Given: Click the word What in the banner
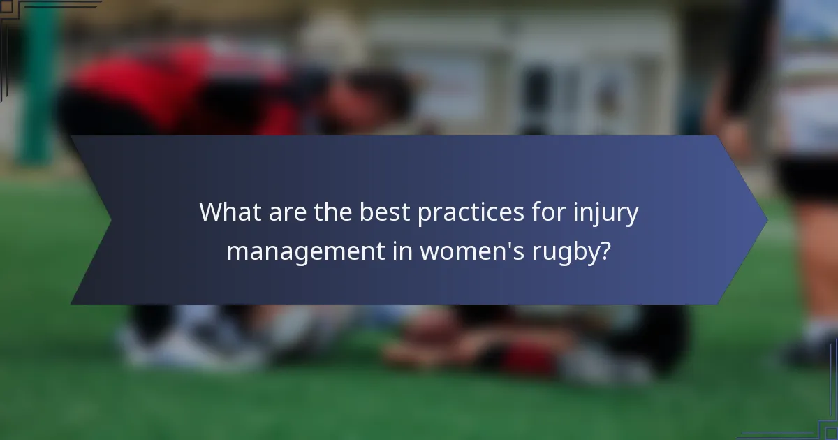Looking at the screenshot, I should [x=230, y=212].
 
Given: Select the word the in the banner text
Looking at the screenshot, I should [x=332, y=212].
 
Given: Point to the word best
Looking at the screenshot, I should [x=385, y=212].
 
